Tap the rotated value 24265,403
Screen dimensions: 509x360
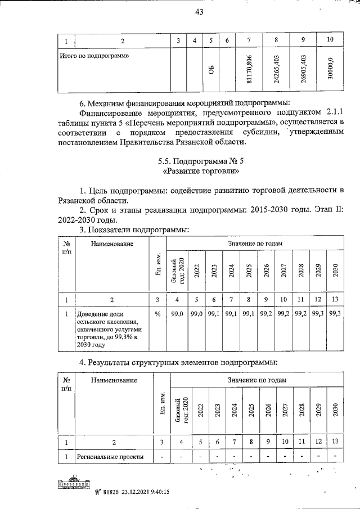276,70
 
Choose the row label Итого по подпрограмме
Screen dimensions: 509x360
94,56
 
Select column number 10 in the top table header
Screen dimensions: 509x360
330,39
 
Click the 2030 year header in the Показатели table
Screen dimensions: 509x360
335,271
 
